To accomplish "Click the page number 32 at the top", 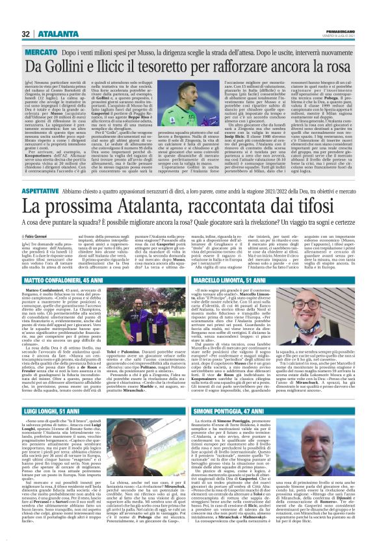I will (26, 34).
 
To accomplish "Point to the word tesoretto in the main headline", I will (182, 66).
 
